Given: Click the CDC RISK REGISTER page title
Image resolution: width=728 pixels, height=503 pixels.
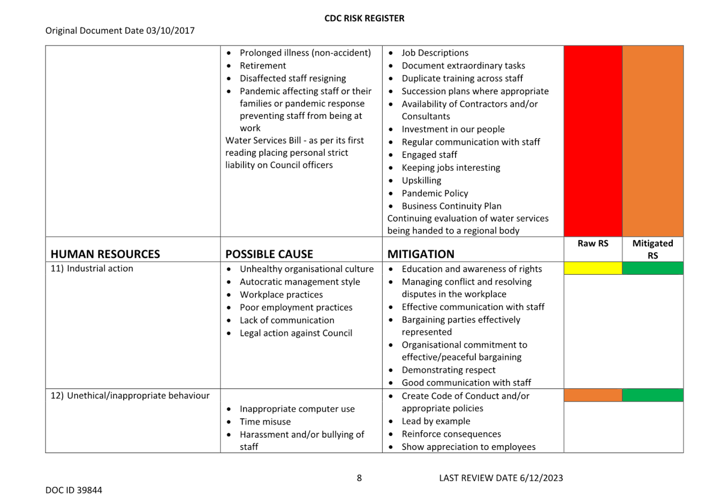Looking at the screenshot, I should tap(364, 18).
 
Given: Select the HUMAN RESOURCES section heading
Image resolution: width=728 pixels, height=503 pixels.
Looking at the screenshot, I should tap(105, 254).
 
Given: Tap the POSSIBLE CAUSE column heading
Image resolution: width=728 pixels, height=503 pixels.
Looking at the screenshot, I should tap(269, 254).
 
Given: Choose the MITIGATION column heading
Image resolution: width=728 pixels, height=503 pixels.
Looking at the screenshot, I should tap(421, 254).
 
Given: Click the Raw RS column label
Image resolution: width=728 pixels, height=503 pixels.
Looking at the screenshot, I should tap(593, 243).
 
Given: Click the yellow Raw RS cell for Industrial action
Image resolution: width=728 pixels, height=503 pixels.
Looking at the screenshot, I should tap(593, 268).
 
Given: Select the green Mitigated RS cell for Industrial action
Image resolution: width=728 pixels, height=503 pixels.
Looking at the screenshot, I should tap(653, 268).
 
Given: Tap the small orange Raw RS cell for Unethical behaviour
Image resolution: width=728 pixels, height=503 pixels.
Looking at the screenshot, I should tap(593, 395).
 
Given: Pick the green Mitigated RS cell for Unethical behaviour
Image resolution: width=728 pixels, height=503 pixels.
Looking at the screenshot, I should tap(653, 395).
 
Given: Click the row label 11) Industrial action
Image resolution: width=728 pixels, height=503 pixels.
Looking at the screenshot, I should tap(92, 268).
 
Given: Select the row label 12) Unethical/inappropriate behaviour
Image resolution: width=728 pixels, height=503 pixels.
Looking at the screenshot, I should tap(130, 395).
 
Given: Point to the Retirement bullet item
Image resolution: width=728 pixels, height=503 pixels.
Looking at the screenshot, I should tap(263, 65).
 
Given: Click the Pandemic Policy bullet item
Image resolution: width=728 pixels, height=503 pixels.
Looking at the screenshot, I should tap(435, 193).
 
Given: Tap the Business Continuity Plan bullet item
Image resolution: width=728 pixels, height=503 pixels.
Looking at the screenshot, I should tap(451, 206).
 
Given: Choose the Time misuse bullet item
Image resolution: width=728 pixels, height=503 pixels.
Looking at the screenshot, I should tap(265, 422).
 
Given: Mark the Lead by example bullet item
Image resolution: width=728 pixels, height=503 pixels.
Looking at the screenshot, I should tap(436, 421).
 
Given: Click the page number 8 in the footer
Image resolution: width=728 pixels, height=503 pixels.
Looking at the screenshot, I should tap(359, 478).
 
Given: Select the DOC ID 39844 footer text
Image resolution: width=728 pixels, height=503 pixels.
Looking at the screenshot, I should tap(73, 490).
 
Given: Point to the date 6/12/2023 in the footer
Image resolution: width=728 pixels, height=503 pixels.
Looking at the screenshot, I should tap(541, 478).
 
